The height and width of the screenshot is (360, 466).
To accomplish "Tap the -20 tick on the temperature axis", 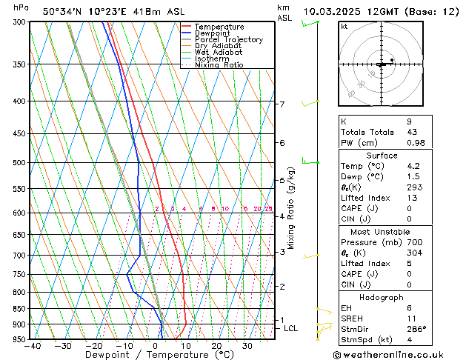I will [x=93, y=345].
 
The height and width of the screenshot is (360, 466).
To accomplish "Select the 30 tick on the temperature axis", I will [x=247, y=345].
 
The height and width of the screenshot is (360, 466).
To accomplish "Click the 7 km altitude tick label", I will [x=282, y=104].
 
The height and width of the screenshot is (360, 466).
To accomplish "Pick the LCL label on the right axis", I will [x=291, y=327].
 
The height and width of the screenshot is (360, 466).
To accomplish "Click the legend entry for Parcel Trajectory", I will [x=228, y=39].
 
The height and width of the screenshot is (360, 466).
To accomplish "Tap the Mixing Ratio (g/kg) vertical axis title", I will [x=292, y=208].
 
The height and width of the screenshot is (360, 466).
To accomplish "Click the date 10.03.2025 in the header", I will [x=331, y=11].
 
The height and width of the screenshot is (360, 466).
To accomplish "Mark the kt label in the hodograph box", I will [x=344, y=27].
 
